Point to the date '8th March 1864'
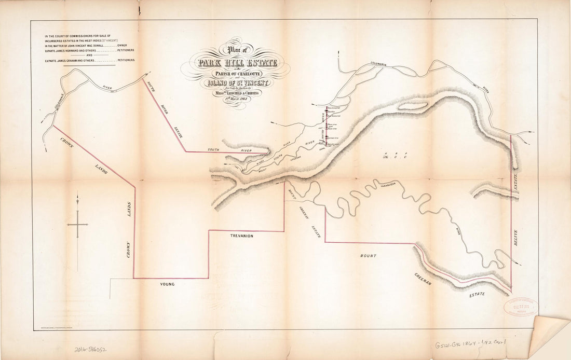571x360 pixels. (236, 98)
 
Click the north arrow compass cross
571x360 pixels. (77, 224)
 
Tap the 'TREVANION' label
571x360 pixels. (241, 236)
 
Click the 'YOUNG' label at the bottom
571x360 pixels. (167, 284)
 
